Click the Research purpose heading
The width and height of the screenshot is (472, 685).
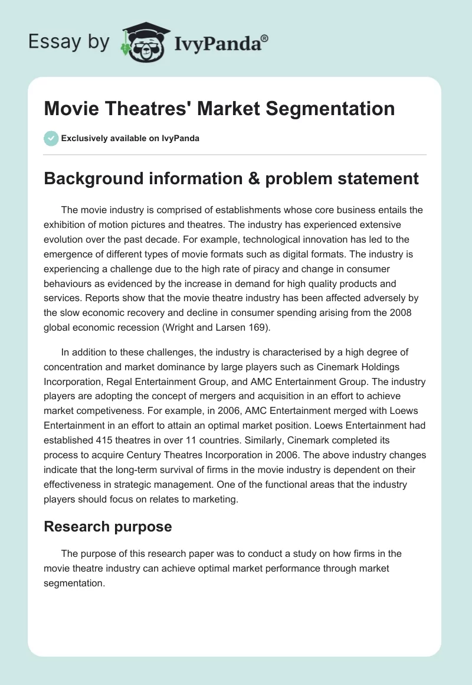(x=107, y=527)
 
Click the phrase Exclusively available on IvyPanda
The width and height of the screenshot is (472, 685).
(x=130, y=138)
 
